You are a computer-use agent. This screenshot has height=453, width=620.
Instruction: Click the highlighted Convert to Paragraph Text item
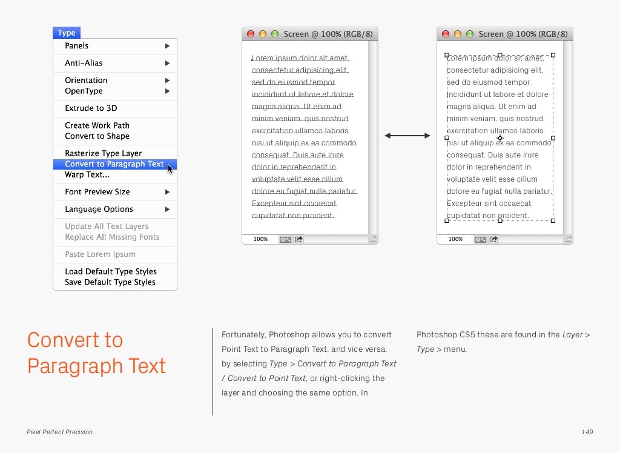pyautogui.click(x=114, y=164)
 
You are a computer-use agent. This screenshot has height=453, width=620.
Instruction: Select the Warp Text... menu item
pyautogui.click(x=87, y=175)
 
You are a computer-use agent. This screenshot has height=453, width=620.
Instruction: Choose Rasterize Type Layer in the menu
pyautogui.click(x=103, y=153)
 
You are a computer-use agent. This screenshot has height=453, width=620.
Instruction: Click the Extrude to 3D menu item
pyautogui.click(x=91, y=108)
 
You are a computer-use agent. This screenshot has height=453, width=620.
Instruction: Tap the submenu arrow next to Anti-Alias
pyautogui.click(x=167, y=63)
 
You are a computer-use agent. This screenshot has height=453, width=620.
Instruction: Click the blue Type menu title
pyautogui.click(x=67, y=33)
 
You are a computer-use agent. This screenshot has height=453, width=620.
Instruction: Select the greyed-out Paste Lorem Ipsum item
pyautogui.click(x=100, y=254)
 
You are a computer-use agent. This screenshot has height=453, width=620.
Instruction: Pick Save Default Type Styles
pyautogui.click(x=110, y=282)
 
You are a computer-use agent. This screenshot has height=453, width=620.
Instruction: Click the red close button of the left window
pyautogui.click(x=251, y=35)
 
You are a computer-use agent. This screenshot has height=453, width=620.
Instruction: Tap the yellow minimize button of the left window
pyautogui.click(x=263, y=35)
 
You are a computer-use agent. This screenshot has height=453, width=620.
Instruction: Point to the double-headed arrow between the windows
pyautogui.click(x=407, y=136)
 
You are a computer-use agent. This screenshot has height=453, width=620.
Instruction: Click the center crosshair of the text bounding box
pyautogui.click(x=500, y=138)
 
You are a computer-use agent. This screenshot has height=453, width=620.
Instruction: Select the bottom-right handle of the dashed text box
pyautogui.click(x=553, y=220)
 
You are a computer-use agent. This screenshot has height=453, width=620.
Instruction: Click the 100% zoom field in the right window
pyautogui.click(x=455, y=239)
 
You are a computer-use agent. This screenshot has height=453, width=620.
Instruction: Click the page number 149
pyautogui.click(x=587, y=432)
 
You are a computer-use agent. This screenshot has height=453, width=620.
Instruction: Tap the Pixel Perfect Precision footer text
pyautogui.click(x=59, y=432)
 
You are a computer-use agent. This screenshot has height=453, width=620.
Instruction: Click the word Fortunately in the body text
pyautogui.click(x=243, y=335)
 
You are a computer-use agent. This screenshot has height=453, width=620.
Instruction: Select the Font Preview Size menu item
pyautogui.click(x=97, y=192)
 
